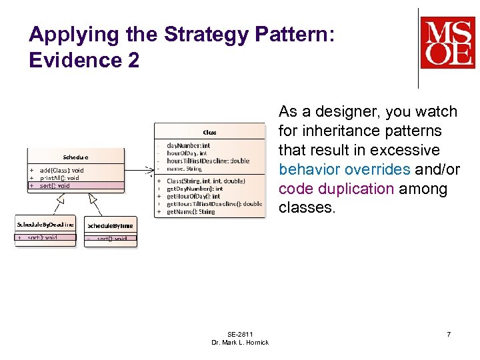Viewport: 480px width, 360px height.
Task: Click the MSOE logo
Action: (x=447, y=43)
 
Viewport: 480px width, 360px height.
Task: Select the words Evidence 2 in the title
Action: (x=84, y=61)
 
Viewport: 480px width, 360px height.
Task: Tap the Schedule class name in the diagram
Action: (x=75, y=157)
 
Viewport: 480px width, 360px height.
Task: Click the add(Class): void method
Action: (x=62, y=171)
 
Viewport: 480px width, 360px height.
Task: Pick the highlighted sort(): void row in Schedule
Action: (x=55, y=186)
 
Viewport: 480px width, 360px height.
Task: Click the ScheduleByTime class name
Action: (x=111, y=226)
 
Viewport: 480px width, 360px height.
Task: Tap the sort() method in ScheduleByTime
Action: (x=113, y=239)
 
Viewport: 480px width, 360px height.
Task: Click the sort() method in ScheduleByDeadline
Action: (x=42, y=237)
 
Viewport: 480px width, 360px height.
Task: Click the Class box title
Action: (x=209, y=132)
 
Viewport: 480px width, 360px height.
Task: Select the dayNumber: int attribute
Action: (x=189, y=145)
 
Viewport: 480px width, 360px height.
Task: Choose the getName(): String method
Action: (x=191, y=212)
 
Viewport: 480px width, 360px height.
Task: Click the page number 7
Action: (x=449, y=334)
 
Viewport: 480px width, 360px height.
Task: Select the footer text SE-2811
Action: (x=240, y=334)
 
